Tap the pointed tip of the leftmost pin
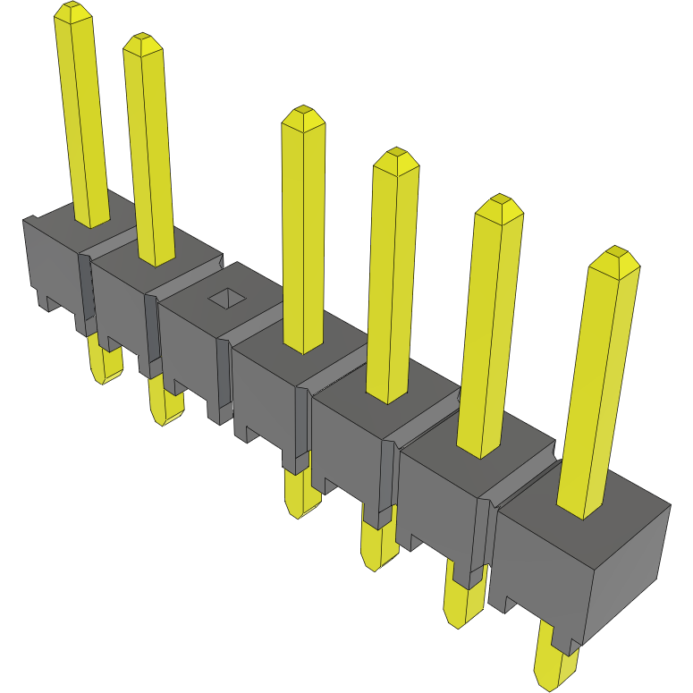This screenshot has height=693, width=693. (x=74, y=11)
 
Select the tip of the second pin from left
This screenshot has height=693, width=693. (x=142, y=42)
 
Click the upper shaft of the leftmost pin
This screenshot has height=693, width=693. (x=85, y=116)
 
